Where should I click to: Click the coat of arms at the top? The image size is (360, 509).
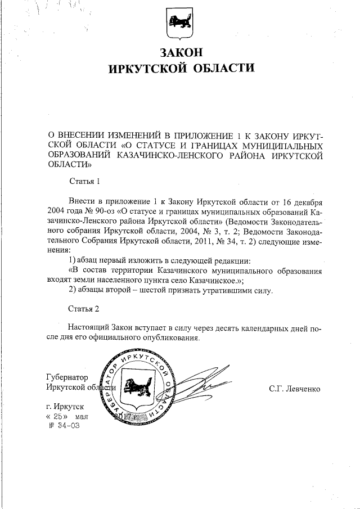coord(180,23)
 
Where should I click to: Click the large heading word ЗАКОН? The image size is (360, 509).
coord(180,53)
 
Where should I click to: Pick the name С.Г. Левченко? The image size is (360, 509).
coord(295,388)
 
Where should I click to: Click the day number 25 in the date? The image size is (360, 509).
coord(58,416)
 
